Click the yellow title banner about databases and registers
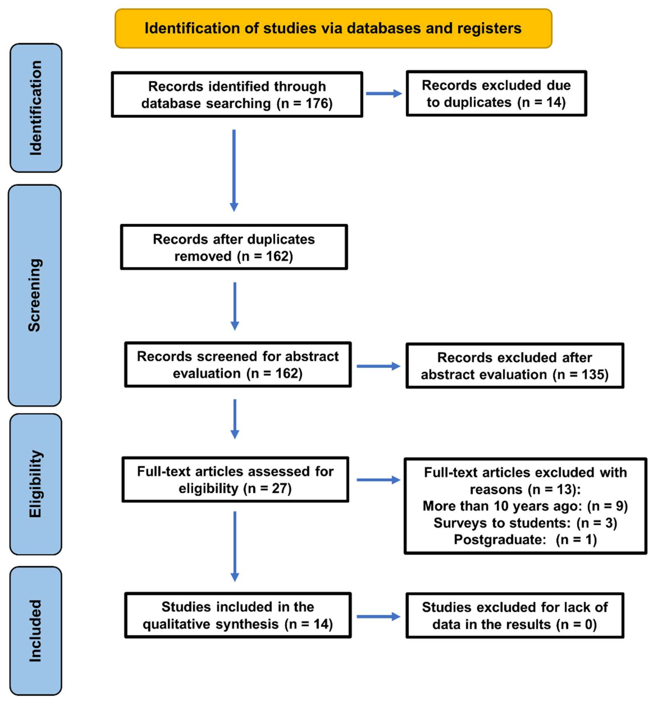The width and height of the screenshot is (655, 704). click(x=333, y=28)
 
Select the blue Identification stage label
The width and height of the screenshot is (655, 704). click(x=36, y=108)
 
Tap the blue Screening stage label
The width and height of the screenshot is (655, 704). click(x=35, y=295)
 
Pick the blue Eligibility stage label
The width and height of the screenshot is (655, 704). click(x=36, y=484)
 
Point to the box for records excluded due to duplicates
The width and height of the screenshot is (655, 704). click(x=496, y=94)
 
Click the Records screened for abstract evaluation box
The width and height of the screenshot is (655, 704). click(x=238, y=364)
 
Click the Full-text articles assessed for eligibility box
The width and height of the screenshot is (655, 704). click(x=235, y=480)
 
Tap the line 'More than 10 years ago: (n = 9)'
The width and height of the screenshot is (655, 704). click(x=525, y=506)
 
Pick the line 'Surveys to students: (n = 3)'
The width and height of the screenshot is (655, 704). click(x=525, y=523)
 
